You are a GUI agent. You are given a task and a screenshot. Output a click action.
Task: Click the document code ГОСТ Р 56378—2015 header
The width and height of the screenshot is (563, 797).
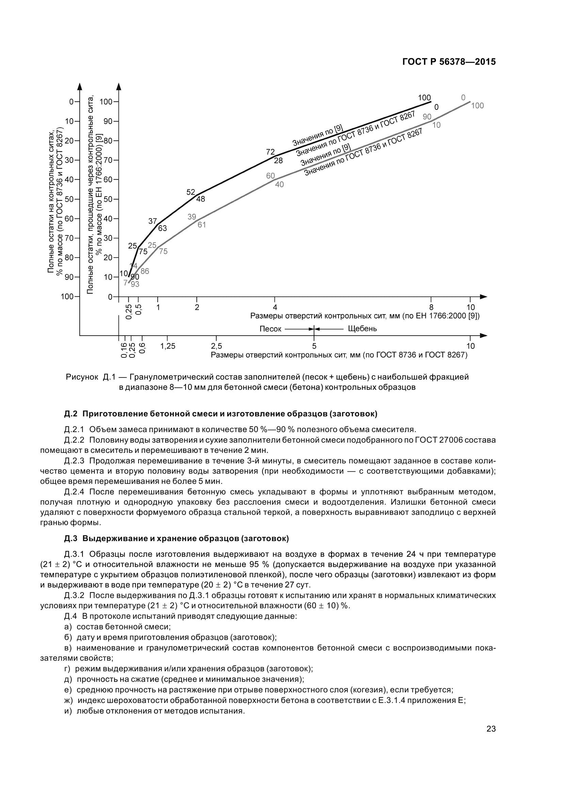(449, 62)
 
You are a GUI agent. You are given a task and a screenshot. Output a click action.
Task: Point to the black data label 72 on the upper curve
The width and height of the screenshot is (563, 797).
(270, 152)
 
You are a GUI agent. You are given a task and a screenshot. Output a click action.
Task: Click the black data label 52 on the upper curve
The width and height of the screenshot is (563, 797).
(191, 192)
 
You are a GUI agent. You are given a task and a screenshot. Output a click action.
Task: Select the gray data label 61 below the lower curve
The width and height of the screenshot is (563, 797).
(202, 225)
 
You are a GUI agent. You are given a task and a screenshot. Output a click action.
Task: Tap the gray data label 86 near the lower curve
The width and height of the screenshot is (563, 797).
(145, 271)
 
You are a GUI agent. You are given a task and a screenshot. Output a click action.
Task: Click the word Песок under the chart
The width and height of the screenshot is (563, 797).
(270, 329)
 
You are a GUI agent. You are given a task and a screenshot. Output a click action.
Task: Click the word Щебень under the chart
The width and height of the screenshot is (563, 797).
(362, 328)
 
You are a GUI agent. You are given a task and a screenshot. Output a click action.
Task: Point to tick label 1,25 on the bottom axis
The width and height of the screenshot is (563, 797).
(168, 346)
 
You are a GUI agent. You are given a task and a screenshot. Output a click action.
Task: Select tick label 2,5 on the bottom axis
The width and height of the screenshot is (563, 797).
(217, 346)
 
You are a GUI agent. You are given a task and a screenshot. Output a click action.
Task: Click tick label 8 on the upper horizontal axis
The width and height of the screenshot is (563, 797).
(431, 307)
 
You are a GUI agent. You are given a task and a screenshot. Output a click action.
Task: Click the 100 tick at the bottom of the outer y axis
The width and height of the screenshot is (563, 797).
(67, 296)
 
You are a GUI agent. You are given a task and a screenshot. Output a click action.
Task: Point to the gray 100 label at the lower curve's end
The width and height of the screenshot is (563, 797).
(477, 106)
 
